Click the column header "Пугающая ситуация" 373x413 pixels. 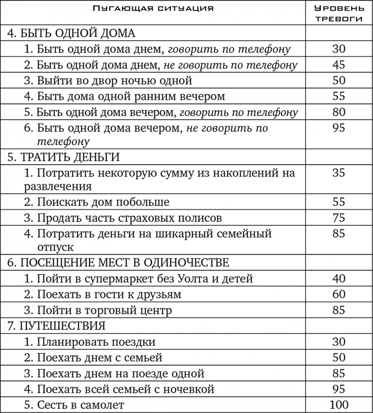(x=153, y=8)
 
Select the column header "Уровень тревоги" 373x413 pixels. (x=339, y=14)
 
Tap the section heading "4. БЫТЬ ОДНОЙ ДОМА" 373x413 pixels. (x=72, y=33)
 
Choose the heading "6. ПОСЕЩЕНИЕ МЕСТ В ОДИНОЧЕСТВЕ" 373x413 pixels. (x=119, y=263)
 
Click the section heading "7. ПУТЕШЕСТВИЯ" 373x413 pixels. (x=57, y=326)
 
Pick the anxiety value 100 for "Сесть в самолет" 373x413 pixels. (x=339, y=404)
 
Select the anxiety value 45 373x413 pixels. (x=339, y=64)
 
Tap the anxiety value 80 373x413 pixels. (x=339, y=112)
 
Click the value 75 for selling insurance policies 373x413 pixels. (x=339, y=218)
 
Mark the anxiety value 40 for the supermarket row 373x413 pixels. (x=339, y=278)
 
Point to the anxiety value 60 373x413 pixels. (x=339, y=294)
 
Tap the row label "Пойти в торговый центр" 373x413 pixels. (x=98, y=310)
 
